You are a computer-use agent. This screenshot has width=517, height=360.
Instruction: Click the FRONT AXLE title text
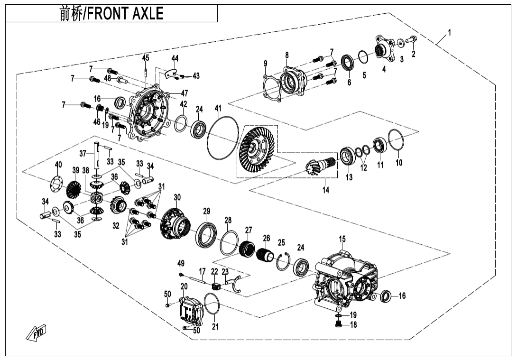[x=111, y=14]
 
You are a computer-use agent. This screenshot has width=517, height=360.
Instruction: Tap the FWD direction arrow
[x=37, y=334]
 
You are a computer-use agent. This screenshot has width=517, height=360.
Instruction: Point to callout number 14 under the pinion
[x=325, y=190]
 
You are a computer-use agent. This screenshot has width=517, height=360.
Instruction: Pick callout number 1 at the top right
[x=449, y=33]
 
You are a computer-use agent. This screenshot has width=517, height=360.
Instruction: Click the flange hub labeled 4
[x=384, y=48]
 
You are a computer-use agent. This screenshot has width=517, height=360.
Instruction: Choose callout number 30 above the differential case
[x=177, y=197]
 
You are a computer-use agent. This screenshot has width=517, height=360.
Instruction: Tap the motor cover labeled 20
[x=190, y=311]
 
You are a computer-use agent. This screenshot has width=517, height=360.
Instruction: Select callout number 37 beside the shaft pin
[x=83, y=153]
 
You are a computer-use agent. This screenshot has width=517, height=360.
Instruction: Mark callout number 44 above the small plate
[x=175, y=58]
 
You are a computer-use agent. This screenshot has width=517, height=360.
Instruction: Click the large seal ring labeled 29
[x=206, y=233]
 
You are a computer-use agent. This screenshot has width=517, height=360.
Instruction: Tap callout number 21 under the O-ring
[x=215, y=326]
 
